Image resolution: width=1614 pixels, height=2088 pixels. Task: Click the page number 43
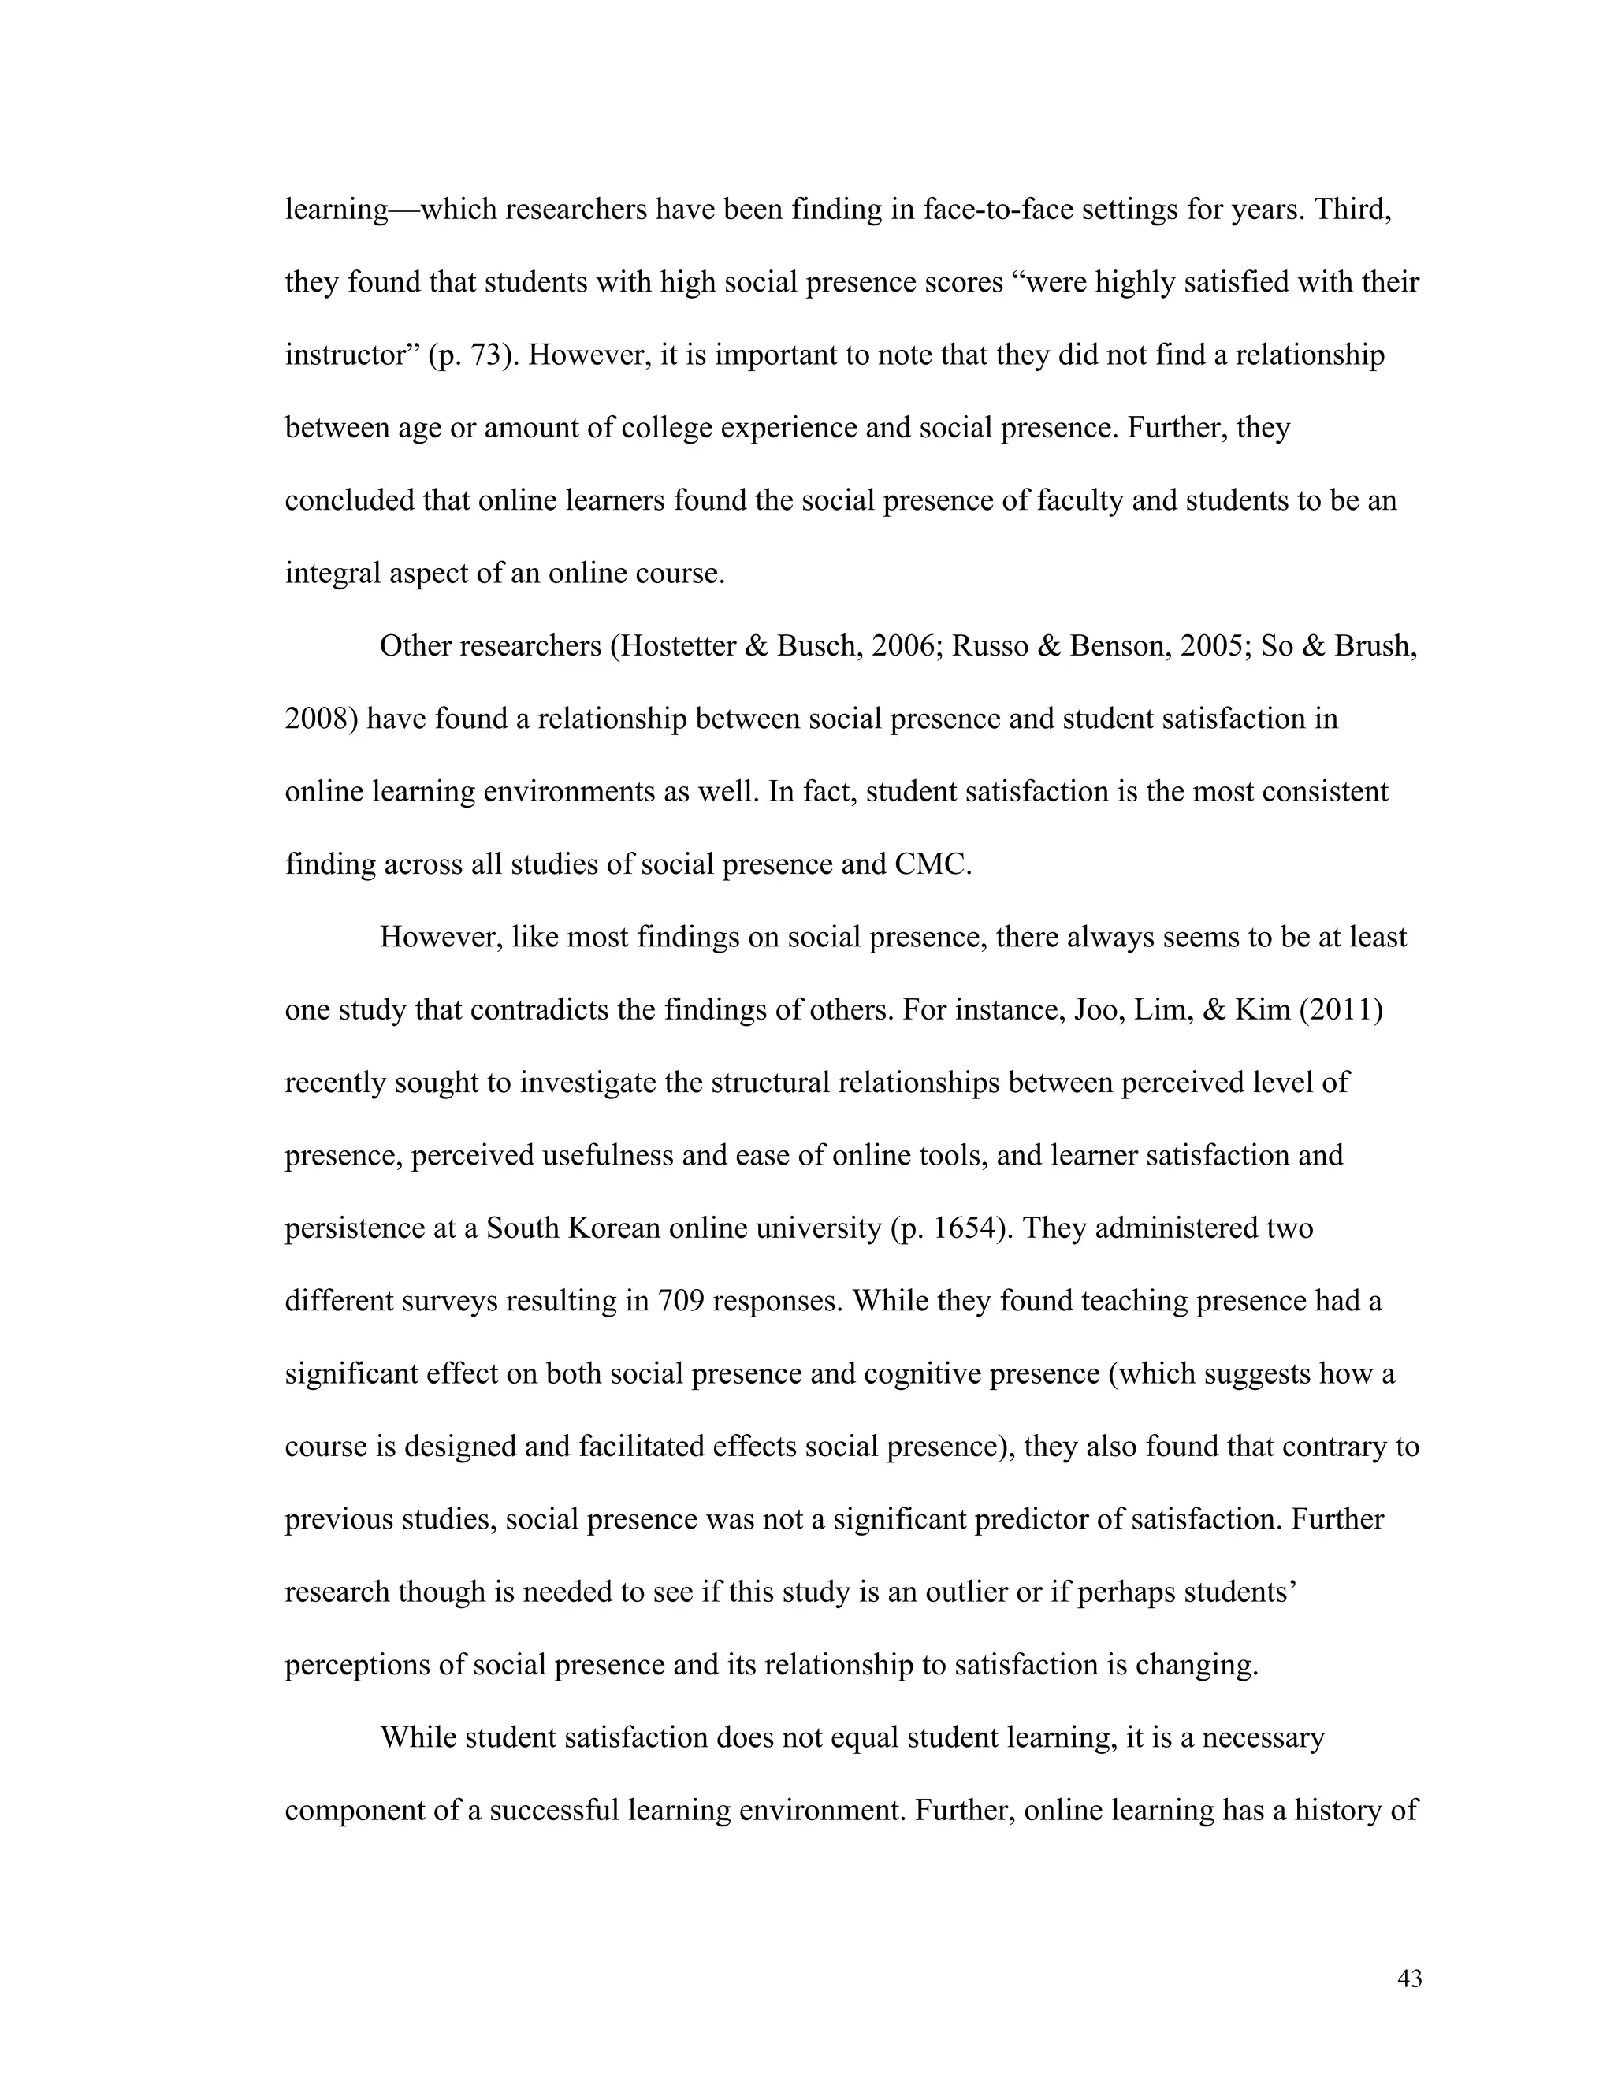[x=1408, y=1979]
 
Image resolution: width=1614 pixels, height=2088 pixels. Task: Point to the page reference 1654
[x=965, y=1229]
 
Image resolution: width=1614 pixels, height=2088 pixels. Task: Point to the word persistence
[x=354, y=1229]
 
